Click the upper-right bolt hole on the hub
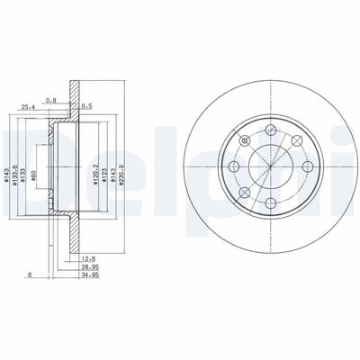pos(296,142)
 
